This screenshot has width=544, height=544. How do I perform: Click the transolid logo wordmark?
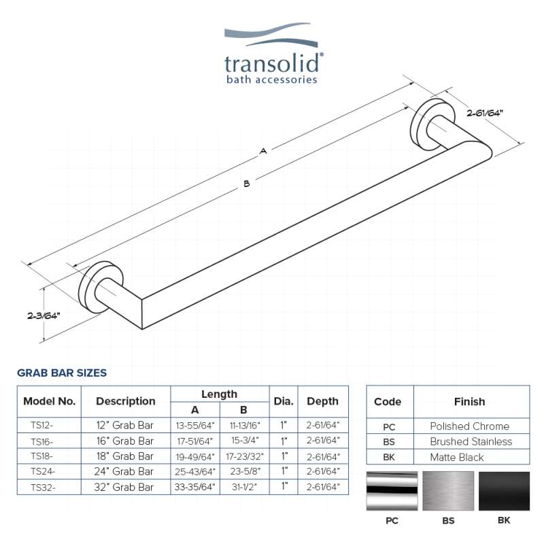(273, 63)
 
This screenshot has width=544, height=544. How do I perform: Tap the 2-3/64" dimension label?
(44, 316)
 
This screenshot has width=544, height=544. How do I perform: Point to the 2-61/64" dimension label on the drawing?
(485, 113)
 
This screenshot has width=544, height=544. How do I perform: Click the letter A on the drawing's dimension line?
(263, 151)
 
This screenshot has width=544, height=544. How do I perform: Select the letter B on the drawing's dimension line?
(247, 184)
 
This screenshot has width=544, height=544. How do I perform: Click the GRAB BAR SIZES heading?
(62, 373)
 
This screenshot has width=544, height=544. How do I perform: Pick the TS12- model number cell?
(41, 425)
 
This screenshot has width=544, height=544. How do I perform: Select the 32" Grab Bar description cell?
(124, 487)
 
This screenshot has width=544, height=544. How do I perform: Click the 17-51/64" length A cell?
(194, 441)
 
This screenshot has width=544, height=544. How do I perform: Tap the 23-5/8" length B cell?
(245, 471)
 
